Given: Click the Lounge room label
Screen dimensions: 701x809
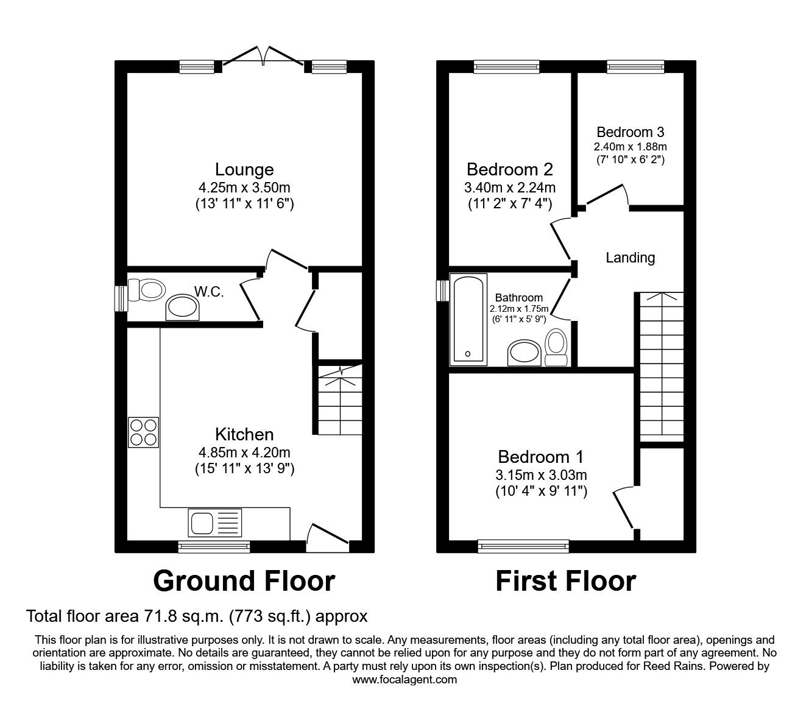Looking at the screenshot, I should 244,169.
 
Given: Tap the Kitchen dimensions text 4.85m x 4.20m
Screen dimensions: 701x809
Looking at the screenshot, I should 244,453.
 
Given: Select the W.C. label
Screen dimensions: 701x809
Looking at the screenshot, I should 209,292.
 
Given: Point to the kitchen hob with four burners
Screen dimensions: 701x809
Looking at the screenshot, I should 144,432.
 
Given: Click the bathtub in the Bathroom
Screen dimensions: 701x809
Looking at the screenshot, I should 468,319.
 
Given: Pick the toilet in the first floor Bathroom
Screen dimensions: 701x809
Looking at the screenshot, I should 556,346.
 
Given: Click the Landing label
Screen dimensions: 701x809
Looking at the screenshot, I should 630,258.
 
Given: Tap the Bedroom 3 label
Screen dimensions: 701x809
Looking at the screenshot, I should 630,132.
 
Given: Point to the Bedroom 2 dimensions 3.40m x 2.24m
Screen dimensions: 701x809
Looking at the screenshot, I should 510,188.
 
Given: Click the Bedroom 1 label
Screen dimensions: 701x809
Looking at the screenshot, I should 540,457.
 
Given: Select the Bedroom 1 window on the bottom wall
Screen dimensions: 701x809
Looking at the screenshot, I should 523,546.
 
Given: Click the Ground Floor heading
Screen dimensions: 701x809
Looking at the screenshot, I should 244,581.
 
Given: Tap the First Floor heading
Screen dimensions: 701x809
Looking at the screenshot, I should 565,581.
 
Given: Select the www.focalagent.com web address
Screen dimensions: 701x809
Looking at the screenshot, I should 404,680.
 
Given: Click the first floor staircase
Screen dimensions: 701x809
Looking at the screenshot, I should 660,365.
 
